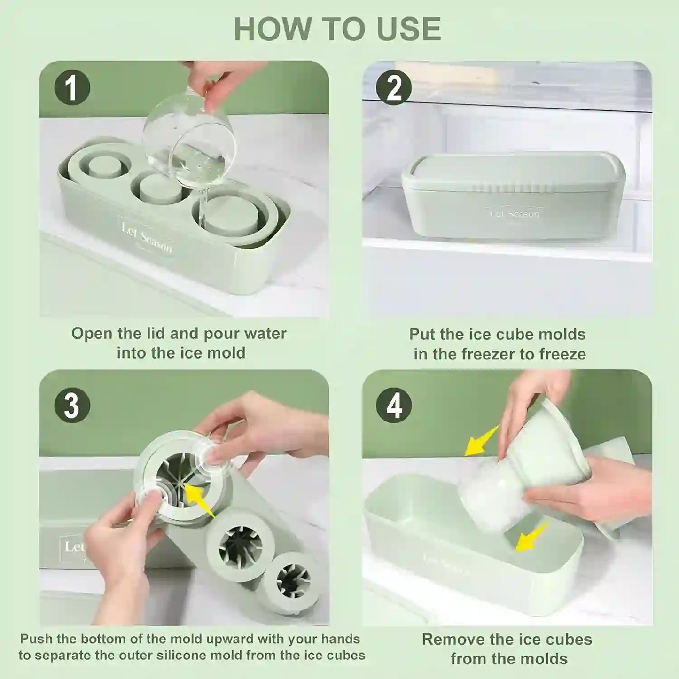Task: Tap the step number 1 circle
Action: pyautogui.click(x=72, y=87)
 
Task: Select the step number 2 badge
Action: pyautogui.click(x=394, y=87)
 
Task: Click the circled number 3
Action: pyautogui.click(x=72, y=405)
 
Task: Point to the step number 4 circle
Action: pyautogui.click(x=394, y=405)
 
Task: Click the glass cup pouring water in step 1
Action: pyautogui.click(x=189, y=141)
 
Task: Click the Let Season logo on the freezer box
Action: pyautogui.click(x=515, y=214)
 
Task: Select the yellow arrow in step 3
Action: pyautogui.click(x=200, y=500)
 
